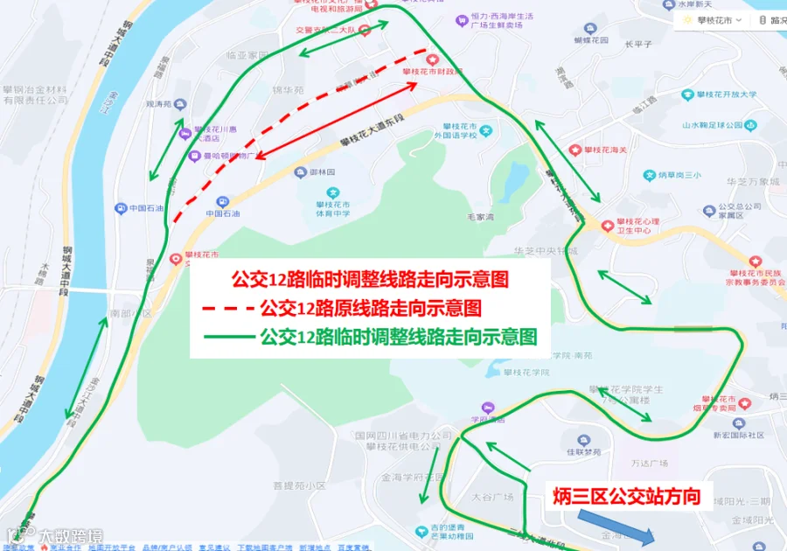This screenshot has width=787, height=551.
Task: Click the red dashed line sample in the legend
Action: click(226, 309)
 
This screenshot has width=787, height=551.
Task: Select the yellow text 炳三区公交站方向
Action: click(627, 497)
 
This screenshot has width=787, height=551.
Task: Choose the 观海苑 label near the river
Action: click(159, 103)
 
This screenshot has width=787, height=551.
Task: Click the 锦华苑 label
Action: click(288, 90)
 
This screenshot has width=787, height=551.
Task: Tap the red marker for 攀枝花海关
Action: click(575, 151)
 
